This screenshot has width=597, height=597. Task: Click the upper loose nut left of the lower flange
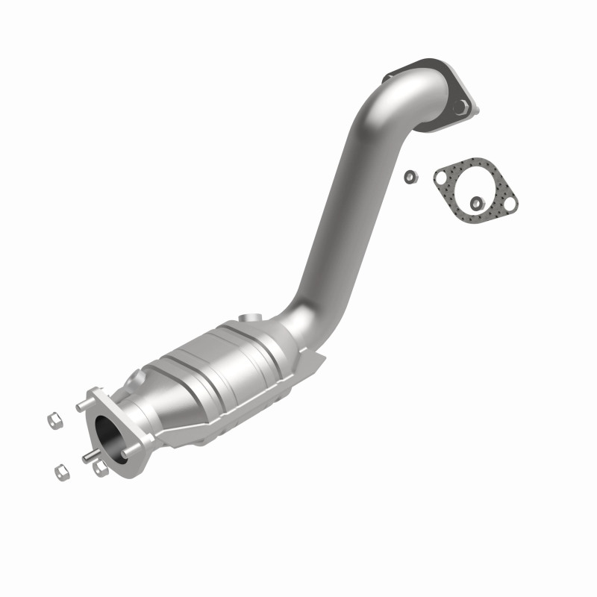55,421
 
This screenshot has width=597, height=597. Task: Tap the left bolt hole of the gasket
442,176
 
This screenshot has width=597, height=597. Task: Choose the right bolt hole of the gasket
510,201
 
